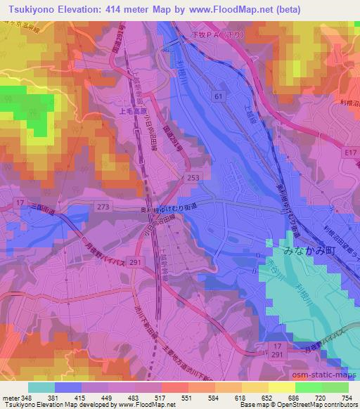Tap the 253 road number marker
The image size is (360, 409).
[192, 178]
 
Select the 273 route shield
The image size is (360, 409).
[104, 207]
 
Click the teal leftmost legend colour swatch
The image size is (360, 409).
[41, 387]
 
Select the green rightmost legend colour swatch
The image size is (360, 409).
[335, 387]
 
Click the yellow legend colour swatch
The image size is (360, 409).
[281, 387]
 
